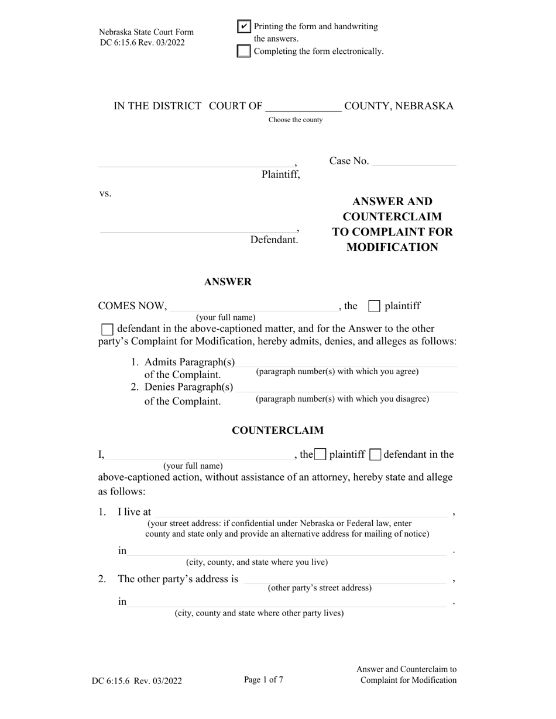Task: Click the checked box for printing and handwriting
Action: pos(244,26)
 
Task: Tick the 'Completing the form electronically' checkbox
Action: pos(244,51)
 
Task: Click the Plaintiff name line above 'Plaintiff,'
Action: pos(196,162)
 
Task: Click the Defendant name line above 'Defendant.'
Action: pos(198,227)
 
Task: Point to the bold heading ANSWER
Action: pos(228,282)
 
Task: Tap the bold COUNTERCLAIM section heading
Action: pos(277,430)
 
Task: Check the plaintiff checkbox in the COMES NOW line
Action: pos(375,306)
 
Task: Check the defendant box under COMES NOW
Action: pos(108,329)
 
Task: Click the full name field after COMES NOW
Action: pos(253,306)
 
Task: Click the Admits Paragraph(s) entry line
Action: pos(347,362)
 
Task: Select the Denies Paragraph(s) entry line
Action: pos(347,387)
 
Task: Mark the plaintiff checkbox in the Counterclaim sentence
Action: pos(320,454)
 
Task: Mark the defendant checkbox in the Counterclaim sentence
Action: pos(376,454)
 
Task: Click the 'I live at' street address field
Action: pos(300,512)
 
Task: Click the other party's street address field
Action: pos(345,579)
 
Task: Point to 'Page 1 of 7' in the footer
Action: pos(263,680)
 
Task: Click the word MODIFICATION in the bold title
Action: pos(392,247)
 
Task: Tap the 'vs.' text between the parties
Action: pos(105,193)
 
